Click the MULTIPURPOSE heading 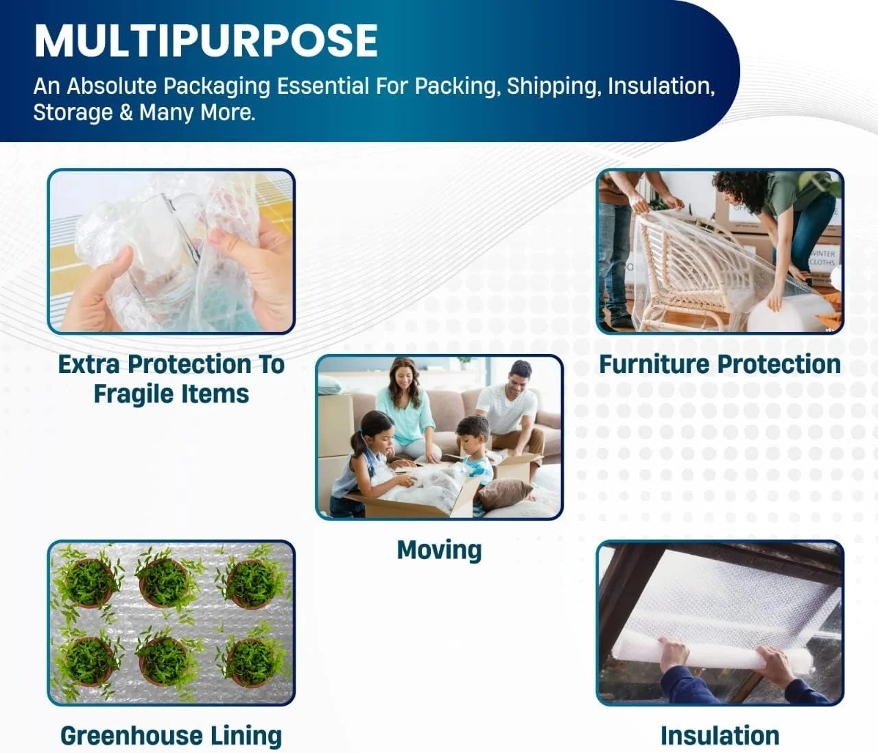(x=206, y=40)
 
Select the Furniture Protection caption (x=720, y=364)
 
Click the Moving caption (x=440, y=550)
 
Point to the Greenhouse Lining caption (x=171, y=735)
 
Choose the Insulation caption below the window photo (x=720, y=735)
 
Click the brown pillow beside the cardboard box (x=506, y=494)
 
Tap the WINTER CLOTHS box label (x=822, y=258)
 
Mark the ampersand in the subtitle (x=126, y=112)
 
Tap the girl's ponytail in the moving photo (x=357, y=444)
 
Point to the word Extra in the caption (x=88, y=364)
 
